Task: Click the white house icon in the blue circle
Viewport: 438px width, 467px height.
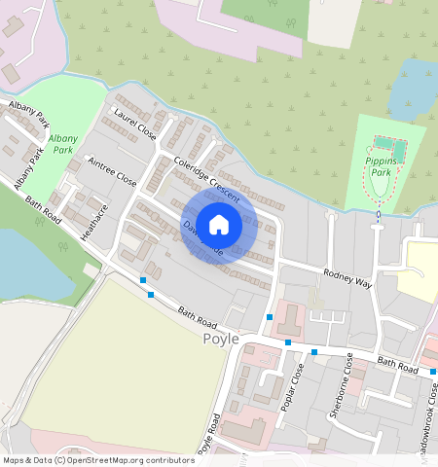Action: pyautogui.click(x=219, y=224)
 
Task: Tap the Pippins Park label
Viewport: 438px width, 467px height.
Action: pyautogui.click(x=378, y=165)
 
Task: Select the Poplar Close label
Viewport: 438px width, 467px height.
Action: pyautogui.click(x=292, y=386)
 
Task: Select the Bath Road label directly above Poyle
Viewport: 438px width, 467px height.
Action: pyautogui.click(x=198, y=316)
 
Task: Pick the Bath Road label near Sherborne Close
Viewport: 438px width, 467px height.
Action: pyautogui.click(x=397, y=366)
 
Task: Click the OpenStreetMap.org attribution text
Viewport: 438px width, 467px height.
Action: pyautogui.click(x=112, y=460)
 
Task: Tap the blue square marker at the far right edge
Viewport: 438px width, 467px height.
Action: pyautogui.click(x=433, y=372)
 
